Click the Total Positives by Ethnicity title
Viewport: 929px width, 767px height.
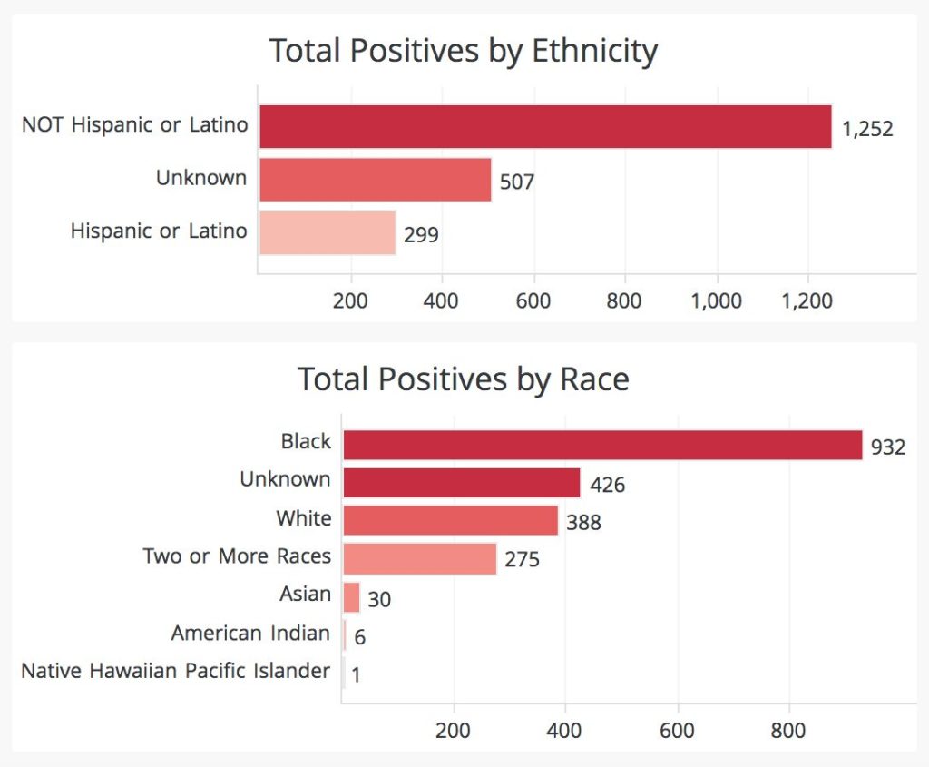point(464,52)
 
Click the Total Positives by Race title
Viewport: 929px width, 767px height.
point(464,379)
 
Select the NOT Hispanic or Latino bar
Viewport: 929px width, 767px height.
point(545,126)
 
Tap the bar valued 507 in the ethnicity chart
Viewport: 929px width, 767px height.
point(375,179)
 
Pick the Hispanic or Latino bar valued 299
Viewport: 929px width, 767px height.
point(328,232)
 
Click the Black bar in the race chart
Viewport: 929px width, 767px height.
point(602,445)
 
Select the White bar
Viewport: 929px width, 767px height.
point(451,520)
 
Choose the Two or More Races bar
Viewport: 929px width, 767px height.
point(420,558)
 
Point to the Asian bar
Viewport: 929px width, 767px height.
point(351,597)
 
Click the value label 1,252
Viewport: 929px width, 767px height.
point(867,129)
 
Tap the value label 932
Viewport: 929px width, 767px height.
point(888,447)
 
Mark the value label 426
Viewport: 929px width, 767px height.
point(607,486)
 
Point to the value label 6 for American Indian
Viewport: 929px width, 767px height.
point(360,637)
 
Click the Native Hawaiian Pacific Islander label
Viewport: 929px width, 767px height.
point(175,672)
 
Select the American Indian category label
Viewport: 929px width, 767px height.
point(250,633)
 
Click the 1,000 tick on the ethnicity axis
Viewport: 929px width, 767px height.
point(717,301)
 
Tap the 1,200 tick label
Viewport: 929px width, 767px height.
point(807,301)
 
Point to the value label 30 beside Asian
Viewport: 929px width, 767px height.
point(379,599)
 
